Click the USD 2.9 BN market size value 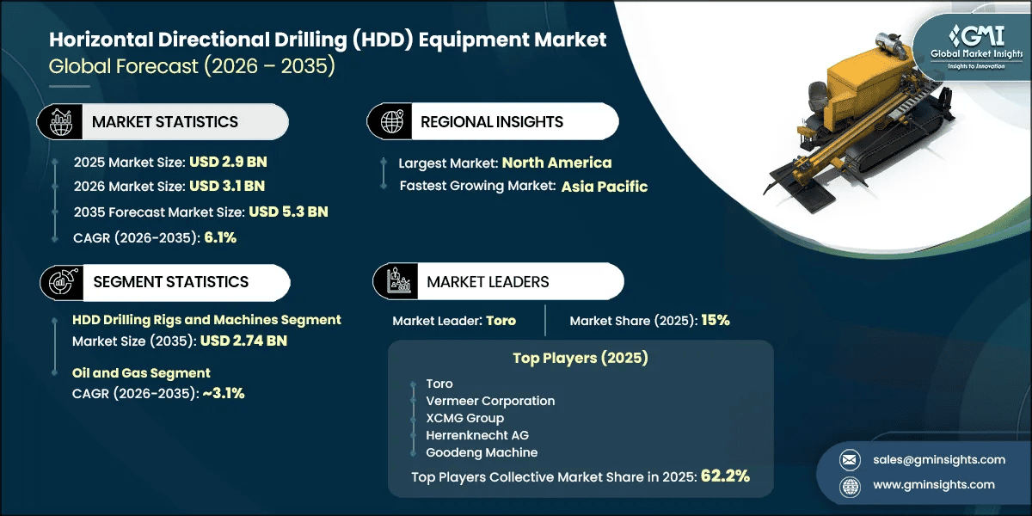click(x=228, y=162)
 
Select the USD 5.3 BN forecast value click(x=288, y=212)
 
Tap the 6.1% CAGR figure click(x=220, y=237)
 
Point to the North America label click(x=556, y=163)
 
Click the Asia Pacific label click(x=605, y=187)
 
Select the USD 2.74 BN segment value click(x=243, y=341)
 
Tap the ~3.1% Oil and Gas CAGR click(x=224, y=393)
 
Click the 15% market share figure click(x=716, y=320)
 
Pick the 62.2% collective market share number click(x=725, y=476)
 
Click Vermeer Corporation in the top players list click(x=490, y=401)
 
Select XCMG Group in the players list click(x=465, y=418)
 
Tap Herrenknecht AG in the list click(x=477, y=435)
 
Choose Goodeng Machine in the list click(x=482, y=452)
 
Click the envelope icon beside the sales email click(x=850, y=460)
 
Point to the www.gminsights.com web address click(x=934, y=485)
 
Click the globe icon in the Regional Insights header click(x=391, y=121)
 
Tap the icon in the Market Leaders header click(x=397, y=281)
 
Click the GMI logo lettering click(x=978, y=36)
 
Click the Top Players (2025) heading click(x=580, y=358)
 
